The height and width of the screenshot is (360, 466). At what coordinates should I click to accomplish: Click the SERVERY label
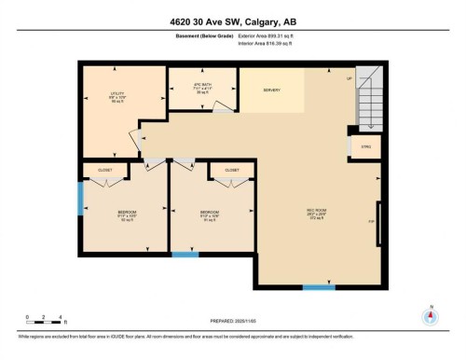272,90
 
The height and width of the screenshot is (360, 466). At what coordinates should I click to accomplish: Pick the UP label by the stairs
349,78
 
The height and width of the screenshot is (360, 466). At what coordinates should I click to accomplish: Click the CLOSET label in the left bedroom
104,170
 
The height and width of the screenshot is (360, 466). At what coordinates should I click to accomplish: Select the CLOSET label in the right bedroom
231,170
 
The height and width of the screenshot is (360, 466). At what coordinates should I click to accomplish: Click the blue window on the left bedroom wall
80,197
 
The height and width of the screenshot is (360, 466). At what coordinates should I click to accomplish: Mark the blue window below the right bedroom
185,254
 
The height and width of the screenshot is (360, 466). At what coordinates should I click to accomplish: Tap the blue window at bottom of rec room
320,286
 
